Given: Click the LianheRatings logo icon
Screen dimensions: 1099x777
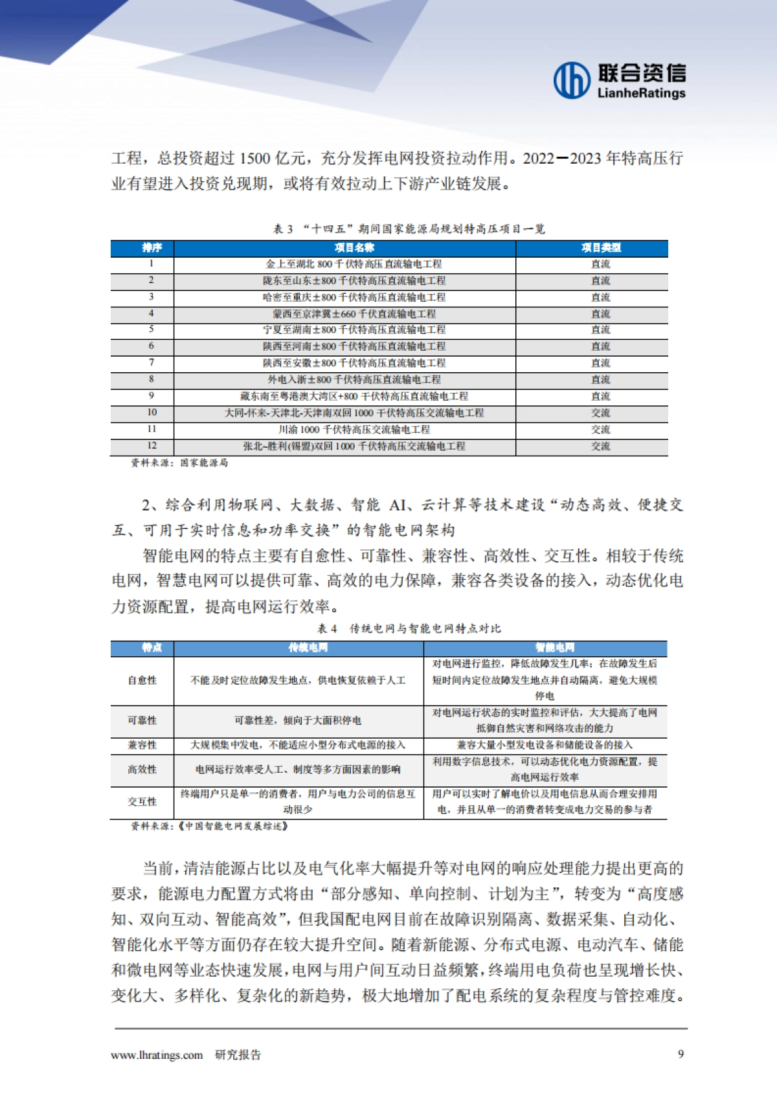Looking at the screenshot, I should pyautogui.click(x=572, y=80).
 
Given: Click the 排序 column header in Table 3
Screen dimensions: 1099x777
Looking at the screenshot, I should pyautogui.click(x=152, y=248).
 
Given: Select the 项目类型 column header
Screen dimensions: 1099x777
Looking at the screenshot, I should pyautogui.click(x=600, y=248).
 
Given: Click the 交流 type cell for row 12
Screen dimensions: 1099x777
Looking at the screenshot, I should pyautogui.click(x=600, y=446).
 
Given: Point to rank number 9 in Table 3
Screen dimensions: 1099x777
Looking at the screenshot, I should pyautogui.click(x=152, y=395).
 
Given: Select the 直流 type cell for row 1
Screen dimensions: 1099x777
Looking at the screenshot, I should pyautogui.click(x=600, y=264).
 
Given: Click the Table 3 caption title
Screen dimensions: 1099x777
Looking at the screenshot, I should pyautogui.click(x=409, y=228).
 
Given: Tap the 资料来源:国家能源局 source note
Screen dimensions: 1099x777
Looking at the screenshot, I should pyautogui.click(x=179, y=463).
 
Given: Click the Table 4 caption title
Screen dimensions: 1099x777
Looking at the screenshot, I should pyautogui.click(x=409, y=628).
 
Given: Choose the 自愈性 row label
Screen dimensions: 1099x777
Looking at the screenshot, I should pyautogui.click(x=142, y=680).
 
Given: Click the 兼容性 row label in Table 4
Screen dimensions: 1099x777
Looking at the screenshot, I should pyautogui.click(x=142, y=745).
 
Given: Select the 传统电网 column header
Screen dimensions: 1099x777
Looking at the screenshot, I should pyautogui.click(x=308, y=647).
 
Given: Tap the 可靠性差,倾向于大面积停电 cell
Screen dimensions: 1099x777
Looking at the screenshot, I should pyautogui.click(x=298, y=720).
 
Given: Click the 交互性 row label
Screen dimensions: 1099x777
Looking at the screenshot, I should pyautogui.click(x=142, y=801).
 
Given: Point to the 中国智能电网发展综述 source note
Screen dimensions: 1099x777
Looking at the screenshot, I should pyautogui.click(x=209, y=827).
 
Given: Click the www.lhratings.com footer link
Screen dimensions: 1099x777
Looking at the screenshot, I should pyautogui.click(x=157, y=1055).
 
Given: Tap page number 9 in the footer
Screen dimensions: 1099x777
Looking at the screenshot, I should pyautogui.click(x=681, y=1054).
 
